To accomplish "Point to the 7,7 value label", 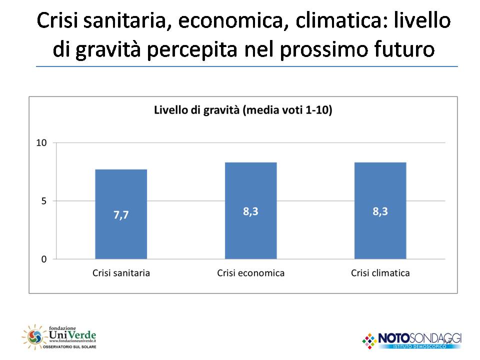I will [x=121, y=216].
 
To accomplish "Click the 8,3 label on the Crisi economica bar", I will [x=250, y=211].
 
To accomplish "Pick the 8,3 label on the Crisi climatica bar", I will [x=380, y=211].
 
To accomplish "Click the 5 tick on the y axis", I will [x=43, y=201].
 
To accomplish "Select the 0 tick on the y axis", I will [x=43, y=259].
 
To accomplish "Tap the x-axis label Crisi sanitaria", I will [x=121, y=273].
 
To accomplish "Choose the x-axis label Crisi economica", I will [x=250, y=273].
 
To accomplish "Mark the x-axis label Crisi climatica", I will [x=380, y=273].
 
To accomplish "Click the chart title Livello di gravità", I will [x=243, y=110].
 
